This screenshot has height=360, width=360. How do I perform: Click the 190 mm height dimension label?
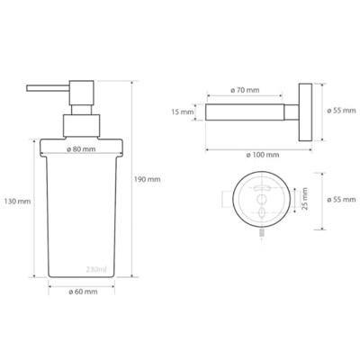(x=147, y=179)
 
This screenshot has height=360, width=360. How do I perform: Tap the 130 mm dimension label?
(x=17, y=202)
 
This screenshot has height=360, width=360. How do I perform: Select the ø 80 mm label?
(x=81, y=149)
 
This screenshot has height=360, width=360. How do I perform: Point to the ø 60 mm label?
(x=83, y=292)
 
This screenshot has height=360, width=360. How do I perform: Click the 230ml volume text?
(x=96, y=269)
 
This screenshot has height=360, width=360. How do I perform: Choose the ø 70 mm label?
(x=245, y=90)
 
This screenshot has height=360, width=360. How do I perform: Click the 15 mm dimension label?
(x=183, y=112)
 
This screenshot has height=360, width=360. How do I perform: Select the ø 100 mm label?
(x=263, y=155)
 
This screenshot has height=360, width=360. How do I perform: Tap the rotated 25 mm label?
(x=304, y=198)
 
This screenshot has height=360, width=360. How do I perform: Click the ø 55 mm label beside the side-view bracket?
(x=341, y=111)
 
